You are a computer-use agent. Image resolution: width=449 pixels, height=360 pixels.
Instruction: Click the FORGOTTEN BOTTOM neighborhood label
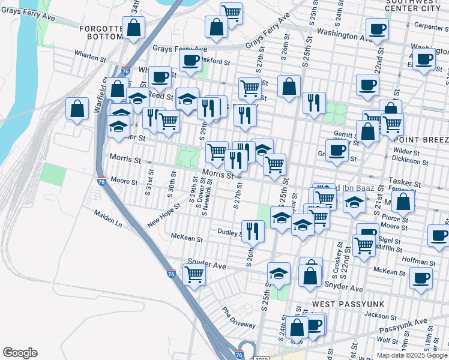96,31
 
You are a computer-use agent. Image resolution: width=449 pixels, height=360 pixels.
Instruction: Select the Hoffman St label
419,262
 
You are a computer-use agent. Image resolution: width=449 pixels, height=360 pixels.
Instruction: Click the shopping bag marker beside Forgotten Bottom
134,28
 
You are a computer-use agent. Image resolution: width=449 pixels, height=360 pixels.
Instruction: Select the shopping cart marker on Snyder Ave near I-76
194,274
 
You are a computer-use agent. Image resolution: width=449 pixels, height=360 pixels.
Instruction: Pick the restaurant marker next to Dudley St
253,231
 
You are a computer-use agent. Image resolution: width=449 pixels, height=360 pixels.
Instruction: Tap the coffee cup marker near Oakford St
190,60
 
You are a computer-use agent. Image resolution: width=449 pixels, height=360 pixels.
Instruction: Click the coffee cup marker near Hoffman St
421,278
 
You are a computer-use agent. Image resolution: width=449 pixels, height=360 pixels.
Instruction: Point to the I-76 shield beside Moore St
101,182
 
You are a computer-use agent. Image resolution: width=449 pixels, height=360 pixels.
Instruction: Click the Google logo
20,353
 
